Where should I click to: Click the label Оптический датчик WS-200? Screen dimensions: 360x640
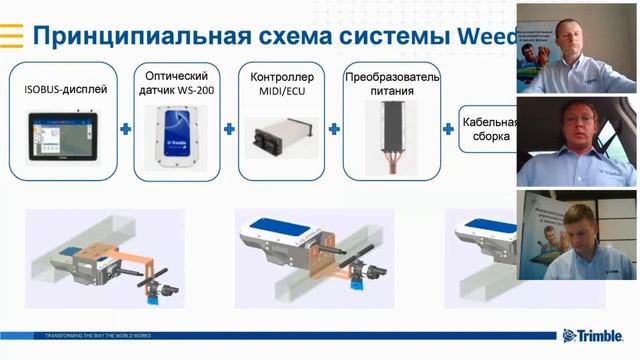click(177, 83)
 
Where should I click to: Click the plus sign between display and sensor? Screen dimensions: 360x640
click(125, 129)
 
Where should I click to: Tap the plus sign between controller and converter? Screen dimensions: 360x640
click(334, 129)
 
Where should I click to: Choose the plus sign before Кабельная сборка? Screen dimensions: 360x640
click(448, 129)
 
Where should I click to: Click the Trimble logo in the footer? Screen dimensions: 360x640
click(598, 336)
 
